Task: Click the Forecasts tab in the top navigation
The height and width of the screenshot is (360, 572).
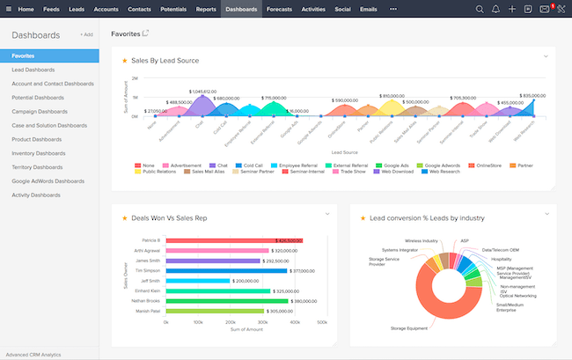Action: (279, 8)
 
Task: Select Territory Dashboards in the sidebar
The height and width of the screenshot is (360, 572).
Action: (43, 166)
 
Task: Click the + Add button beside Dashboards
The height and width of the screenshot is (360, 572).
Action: (86, 34)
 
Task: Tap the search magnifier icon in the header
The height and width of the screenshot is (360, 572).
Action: (480, 9)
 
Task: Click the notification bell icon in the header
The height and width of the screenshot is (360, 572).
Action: (496, 9)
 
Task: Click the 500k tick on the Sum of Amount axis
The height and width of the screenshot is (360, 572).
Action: (323, 323)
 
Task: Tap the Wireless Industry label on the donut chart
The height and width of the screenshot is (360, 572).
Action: (422, 239)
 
